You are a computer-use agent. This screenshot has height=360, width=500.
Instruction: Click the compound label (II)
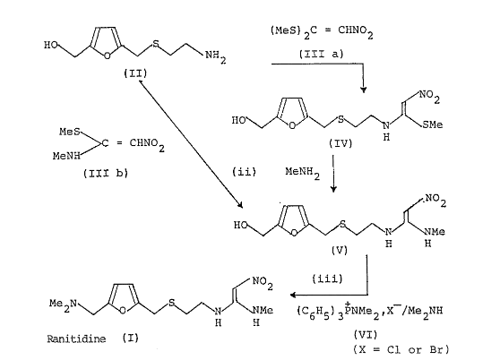pos(135,74)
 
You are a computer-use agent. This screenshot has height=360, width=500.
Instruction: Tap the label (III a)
pos(322,54)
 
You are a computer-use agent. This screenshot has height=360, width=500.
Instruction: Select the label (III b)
pos(106,174)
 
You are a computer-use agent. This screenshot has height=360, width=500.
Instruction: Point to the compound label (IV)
pos(341,143)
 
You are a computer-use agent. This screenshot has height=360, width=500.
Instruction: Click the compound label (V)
pos(339,251)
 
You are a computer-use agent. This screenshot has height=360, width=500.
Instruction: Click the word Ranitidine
pos(76,339)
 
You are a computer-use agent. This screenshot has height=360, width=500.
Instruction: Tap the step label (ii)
pos(244,172)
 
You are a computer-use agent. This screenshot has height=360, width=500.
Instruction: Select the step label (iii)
pos(327,279)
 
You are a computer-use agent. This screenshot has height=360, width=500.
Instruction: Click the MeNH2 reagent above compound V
pos(302,173)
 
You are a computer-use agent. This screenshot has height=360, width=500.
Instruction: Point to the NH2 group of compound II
pos(216,56)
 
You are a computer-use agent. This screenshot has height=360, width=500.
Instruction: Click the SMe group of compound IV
pos(433,124)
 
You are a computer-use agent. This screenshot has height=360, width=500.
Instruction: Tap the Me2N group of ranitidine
pos(63,304)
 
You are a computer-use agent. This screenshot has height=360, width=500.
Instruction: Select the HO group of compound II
pos(51,46)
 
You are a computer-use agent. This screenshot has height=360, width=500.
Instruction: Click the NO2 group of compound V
pos(435,201)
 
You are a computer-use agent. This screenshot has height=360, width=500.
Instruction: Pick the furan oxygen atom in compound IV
pos(292,125)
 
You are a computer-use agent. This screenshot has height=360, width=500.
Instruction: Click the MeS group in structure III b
pos(70,132)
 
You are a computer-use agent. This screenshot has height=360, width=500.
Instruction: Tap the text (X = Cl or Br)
pos(401,350)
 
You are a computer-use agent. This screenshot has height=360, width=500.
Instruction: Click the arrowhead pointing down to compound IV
pos(363,90)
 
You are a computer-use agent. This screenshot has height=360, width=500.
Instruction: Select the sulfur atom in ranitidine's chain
pos(171,303)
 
